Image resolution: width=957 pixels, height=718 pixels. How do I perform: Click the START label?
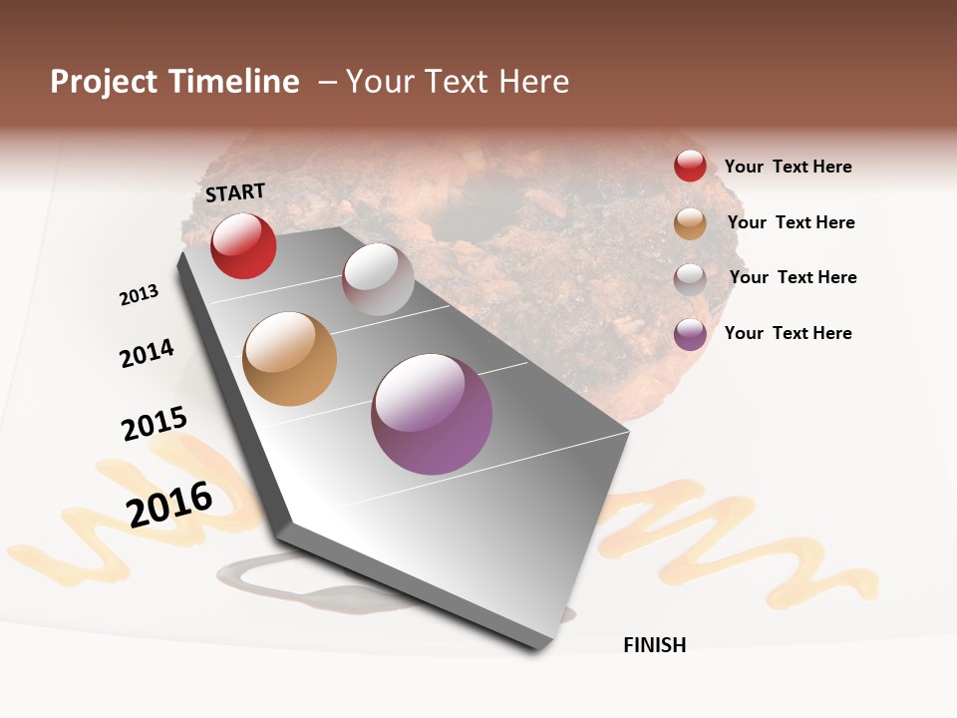[x=235, y=192]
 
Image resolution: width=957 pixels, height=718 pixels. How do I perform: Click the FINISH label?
[x=654, y=645]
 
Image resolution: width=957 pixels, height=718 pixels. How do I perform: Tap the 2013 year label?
[x=139, y=295]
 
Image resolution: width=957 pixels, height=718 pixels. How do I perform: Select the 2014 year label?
[x=147, y=353]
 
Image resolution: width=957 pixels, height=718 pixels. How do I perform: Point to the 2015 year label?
[x=155, y=424]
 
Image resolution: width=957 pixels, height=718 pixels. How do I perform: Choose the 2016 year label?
[x=169, y=505]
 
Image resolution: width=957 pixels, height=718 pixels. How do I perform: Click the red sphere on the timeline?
[x=243, y=245]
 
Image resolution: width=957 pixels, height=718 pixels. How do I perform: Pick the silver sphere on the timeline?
[x=378, y=279]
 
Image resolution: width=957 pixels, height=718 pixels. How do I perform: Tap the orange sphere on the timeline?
[x=289, y=359]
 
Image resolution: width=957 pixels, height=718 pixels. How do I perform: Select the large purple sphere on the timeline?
[x=432, y=414]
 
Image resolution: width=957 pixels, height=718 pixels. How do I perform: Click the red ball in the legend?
[x=690, y=166]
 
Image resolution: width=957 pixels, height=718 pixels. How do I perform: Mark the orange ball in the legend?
[x=690, y=223]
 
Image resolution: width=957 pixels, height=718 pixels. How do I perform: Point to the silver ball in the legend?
[x=690, y=279]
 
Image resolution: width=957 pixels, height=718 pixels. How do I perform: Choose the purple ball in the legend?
[x=690, y=334]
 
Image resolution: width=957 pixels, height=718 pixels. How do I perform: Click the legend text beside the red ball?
[x=788, y=167]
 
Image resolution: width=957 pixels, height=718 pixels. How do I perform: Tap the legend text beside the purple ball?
[x=788, y=333]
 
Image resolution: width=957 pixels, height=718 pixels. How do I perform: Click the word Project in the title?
[x=104, y=82]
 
